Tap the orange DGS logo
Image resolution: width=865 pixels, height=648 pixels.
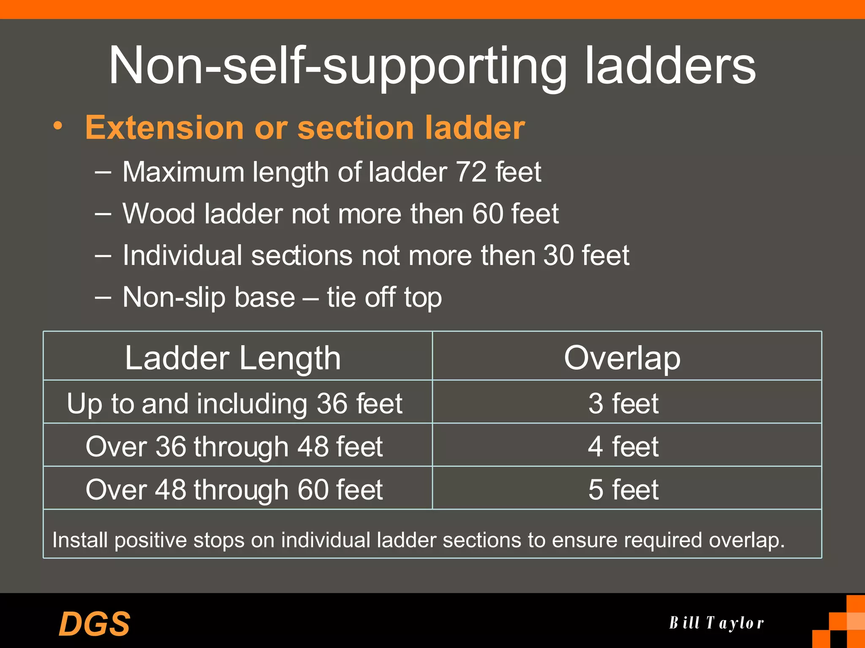pyautogui.click(x=95, y=624)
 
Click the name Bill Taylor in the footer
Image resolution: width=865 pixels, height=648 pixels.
pyautogui.click(x=717, y=623)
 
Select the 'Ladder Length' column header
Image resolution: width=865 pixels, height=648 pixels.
pyautogui.click(x=233, y=358)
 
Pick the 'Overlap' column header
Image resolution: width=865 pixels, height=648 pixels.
pyautogui.click(x=622, y=358)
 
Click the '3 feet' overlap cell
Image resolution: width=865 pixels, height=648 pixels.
pyautogui.click(x=623, y=403)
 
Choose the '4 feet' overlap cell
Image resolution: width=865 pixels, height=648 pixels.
pyautogui.click(x=623, y=446)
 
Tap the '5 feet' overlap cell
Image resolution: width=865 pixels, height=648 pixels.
pyautogui.click(x=623, y=489)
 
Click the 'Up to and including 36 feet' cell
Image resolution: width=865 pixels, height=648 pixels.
pyautogui.click(x=234, y=404)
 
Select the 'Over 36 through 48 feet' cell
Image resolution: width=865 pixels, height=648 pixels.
pyautogui.click(x=234, y=446)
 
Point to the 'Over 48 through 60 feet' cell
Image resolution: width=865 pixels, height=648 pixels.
pyautogui.click(x=234, y=489)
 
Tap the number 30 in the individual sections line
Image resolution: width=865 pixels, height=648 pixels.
pyautogui.click(x=558, y=256)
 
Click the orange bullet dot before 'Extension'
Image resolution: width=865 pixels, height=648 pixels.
pyautogui.click(x=58, y=125)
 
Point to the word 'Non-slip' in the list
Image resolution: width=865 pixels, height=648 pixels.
pyautogui.click(x=174, y=297)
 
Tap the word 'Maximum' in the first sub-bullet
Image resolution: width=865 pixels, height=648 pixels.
pyautogui.click(x=183, y=172)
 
